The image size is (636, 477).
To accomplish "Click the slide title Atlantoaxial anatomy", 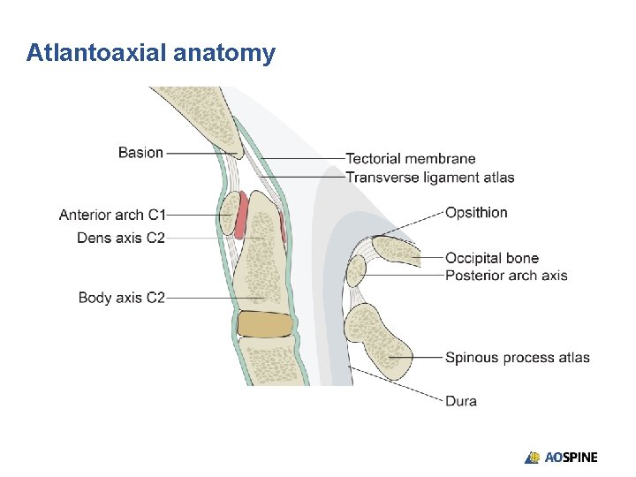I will click(151, 53).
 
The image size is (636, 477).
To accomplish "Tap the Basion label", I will click(140, 153).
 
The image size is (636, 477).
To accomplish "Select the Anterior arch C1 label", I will click(112, 215).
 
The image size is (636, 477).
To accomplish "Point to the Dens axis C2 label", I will click(121, 238).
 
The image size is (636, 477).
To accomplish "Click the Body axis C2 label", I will click(122, 298).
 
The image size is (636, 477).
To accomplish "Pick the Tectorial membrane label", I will click(410, 159).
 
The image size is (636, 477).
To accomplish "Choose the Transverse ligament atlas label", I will click(430, 178).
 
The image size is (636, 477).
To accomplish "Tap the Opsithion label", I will click(476, 212).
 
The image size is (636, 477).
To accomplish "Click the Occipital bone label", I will click(492, 258).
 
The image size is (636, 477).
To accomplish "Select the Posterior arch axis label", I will click(506, 276).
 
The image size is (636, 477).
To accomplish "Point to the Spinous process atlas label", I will click(518, 358).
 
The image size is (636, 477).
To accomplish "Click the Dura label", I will click(461, 401).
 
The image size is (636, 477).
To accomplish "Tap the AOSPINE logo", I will click(562, 458).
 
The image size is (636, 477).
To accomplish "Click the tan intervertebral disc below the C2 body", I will click(265, 325).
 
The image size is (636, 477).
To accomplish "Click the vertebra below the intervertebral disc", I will click(267, 362).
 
